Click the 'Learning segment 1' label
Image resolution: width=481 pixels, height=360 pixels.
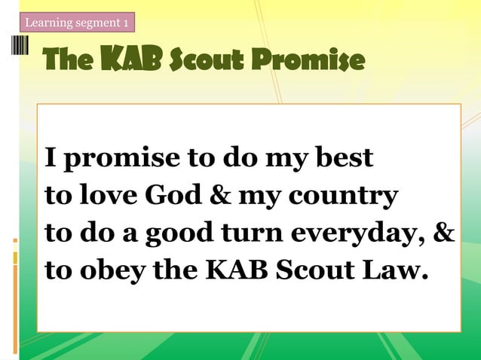pyautogui.click(x=76, y=23)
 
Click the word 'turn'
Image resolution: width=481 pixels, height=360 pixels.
pyautogui.click(x=253, y=233)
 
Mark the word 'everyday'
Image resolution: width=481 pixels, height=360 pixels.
pyautogui.click(x=359, y=234)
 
